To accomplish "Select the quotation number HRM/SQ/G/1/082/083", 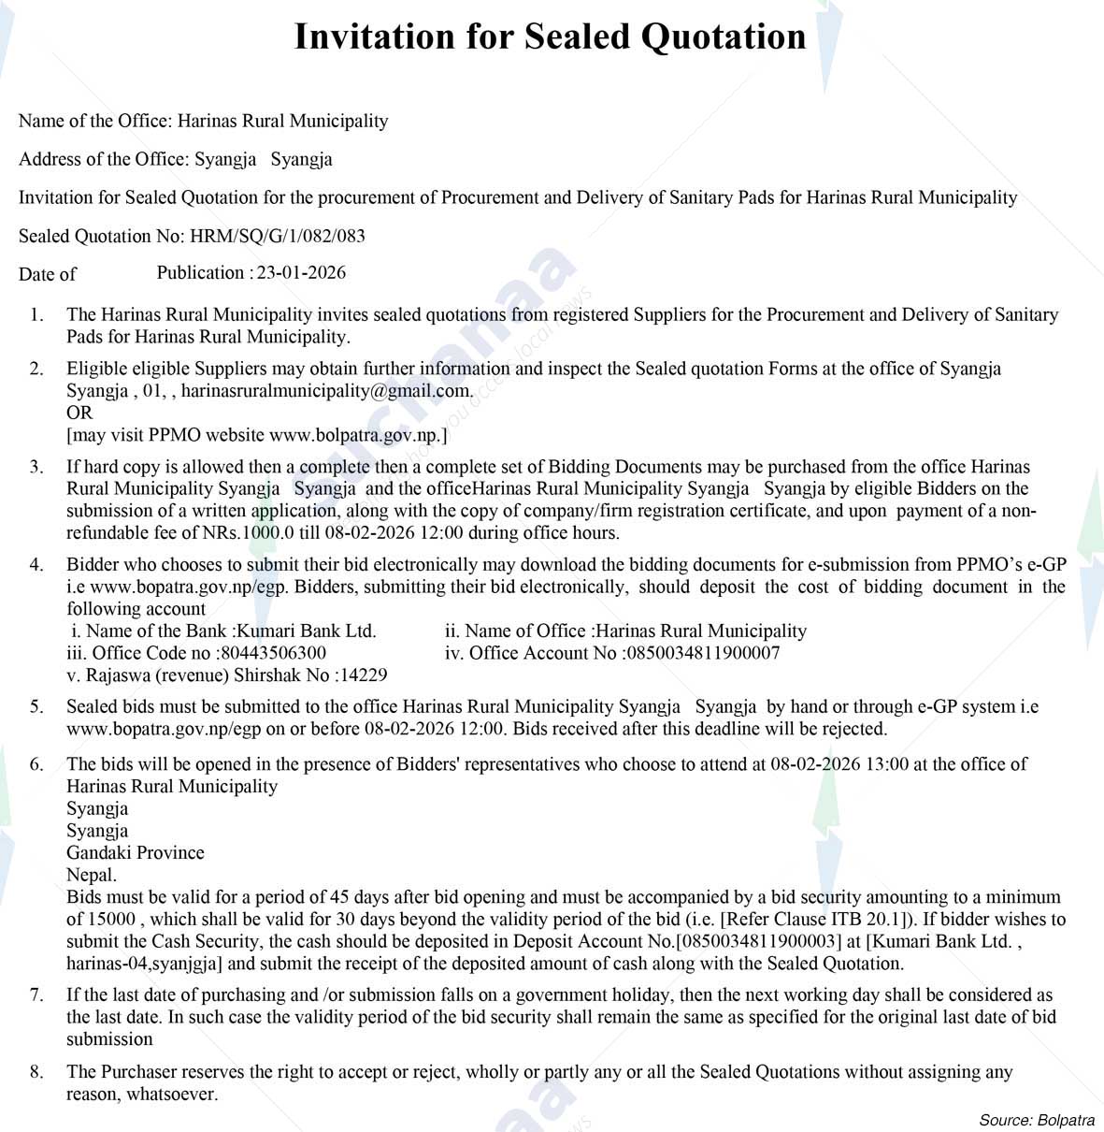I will (x=278, y=236).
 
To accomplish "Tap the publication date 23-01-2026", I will (x=301, y=273).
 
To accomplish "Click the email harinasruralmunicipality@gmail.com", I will (x=326, y=391).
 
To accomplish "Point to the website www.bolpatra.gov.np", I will (x=355, y=435).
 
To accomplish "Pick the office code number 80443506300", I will (x=273, y=653).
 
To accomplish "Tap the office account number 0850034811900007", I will (x=701, y=653).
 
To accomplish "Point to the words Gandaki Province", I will (x=135, y=853).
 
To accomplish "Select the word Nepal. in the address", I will (x=92, y=876).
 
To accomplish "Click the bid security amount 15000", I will (x=112, y=919).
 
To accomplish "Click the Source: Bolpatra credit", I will (x=1036, y=1120).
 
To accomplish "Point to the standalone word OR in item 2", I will (x=79, y=413).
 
